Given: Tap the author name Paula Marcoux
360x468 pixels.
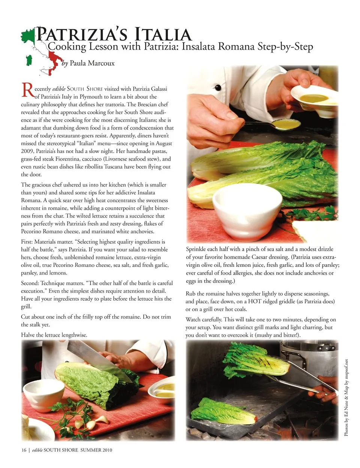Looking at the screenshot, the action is pyautogui.click(x=92, y=63).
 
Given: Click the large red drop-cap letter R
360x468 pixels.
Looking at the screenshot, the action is pyautogui.click(x=28, y=90).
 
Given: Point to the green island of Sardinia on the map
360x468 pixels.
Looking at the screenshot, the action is pyautogui.click(x=29, y=60).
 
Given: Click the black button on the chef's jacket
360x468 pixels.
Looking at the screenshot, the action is pyautogui.click(x=218, y=88).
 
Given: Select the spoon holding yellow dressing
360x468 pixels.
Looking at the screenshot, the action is pyautogui.click(x=273, y=124).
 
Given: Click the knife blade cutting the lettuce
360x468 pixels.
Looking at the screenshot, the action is pyautogui.click(x=99, y=359).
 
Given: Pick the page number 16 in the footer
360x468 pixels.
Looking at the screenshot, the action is pyautogui.click(x=24, y=450).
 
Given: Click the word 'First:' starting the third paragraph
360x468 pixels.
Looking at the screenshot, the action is pyautogui.click(x=27, y=242).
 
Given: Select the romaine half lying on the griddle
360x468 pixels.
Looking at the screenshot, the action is pyautogui.click(x=224, y=412).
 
